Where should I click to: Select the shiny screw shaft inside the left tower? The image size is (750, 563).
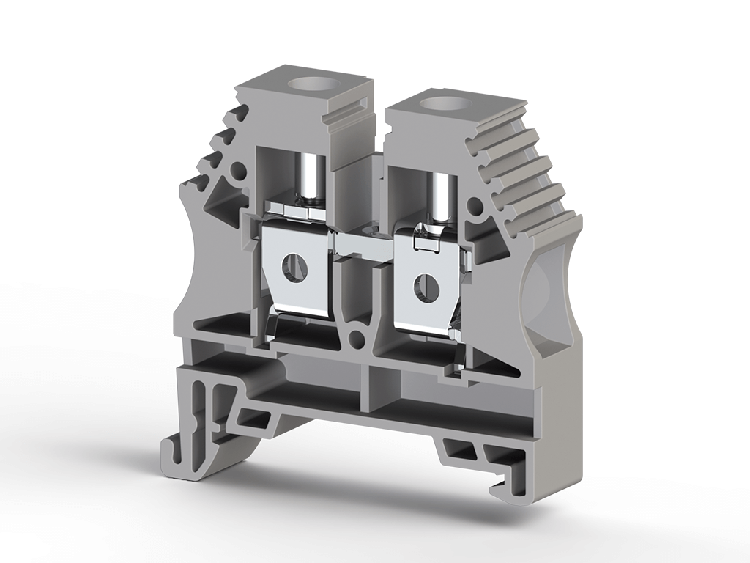[x=311, y=176]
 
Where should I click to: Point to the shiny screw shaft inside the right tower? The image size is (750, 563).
[x=442, y=196]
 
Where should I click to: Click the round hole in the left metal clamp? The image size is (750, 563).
[x=297, y=267]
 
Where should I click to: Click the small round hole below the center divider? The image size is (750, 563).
[x=357, y=338]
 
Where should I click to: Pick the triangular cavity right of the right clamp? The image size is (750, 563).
[x=484, y=246]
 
